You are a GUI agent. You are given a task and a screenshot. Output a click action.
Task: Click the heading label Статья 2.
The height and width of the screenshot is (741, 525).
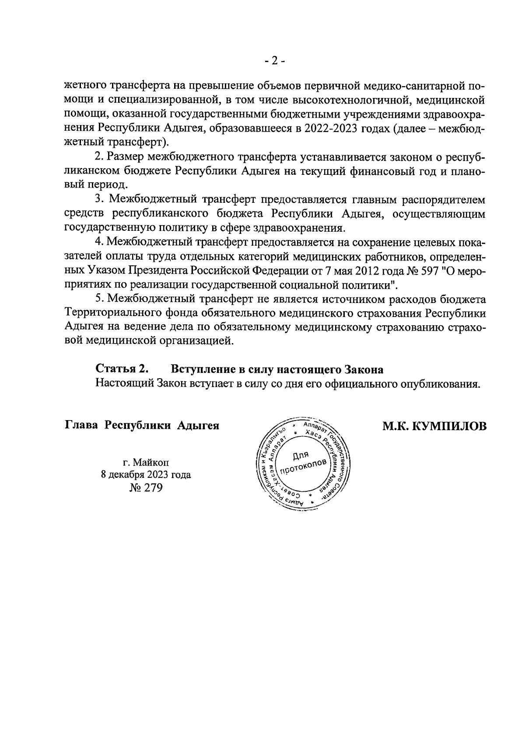pos(122,369)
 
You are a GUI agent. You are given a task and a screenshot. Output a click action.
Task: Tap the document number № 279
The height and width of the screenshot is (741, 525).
pos(146,487)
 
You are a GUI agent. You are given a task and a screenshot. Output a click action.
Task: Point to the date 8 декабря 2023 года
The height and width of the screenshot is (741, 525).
pos(146,475)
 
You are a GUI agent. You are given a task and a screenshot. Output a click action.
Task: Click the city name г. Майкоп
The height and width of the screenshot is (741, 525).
pos(146,462)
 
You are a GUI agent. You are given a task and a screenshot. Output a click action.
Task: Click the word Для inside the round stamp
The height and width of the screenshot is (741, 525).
pos(301,456)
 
